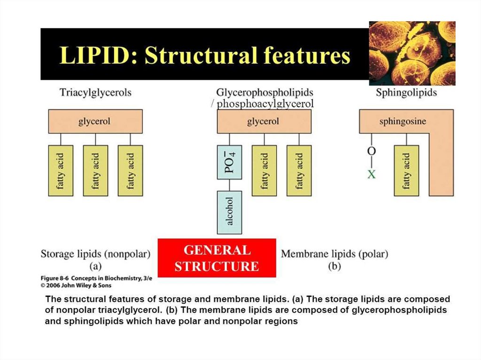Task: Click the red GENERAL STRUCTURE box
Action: point(217,258)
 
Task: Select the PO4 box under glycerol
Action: point(229,162)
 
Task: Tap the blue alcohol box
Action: point(229,212)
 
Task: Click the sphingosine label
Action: point(403,121)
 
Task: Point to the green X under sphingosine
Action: point(372,174)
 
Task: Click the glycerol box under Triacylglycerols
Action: point(95,121)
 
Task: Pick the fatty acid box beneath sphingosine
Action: point(406,170)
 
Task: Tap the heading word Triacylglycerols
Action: point(95,92)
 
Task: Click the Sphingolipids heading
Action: point(406,92)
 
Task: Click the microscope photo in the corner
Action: point(412,53)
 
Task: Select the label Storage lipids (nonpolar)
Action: point(95,254)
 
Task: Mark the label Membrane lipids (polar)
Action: point(334,254)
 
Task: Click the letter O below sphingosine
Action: point(372,152)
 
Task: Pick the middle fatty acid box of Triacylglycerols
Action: point(95,170)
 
